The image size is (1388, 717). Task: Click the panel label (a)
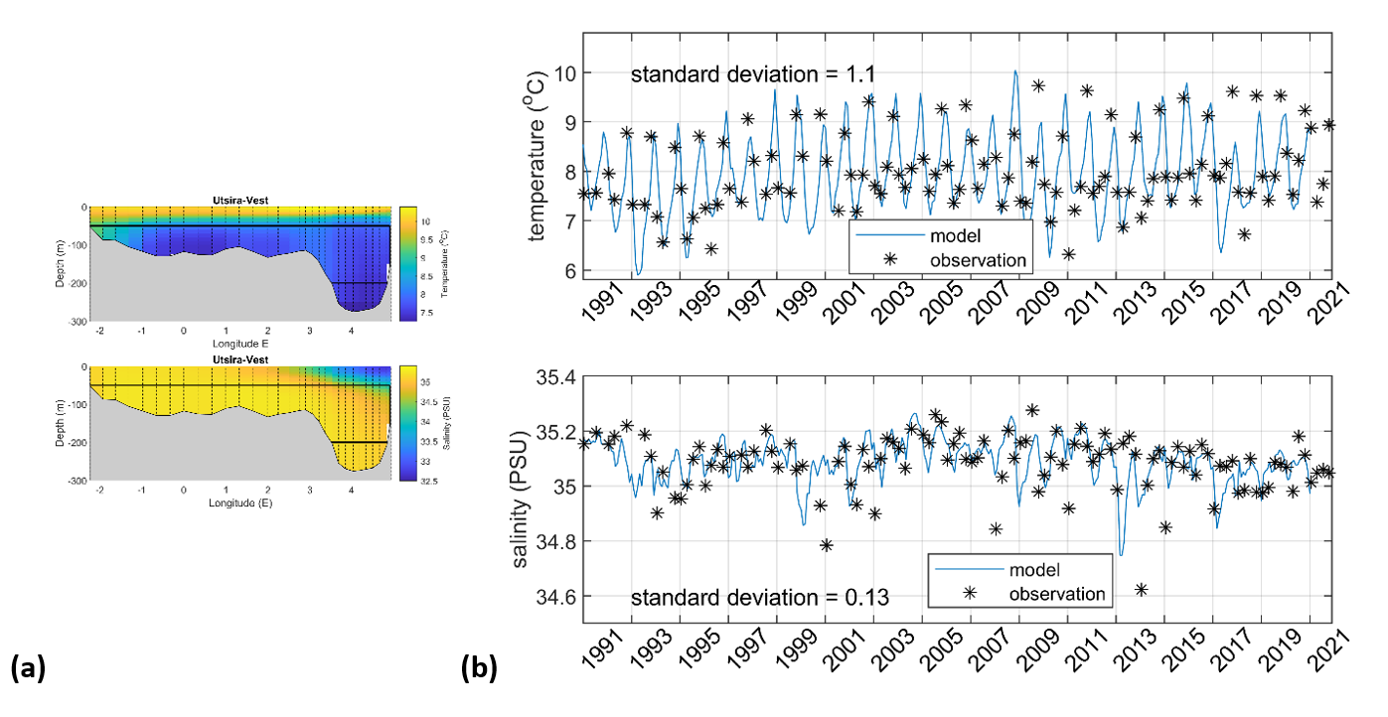tap(27, 668)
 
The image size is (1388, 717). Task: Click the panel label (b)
tap(479, 668)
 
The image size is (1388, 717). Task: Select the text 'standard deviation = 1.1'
tap(753, 73)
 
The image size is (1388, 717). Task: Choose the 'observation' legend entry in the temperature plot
tap(977, 260)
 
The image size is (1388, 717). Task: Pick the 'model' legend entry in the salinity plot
tap(1034, 570)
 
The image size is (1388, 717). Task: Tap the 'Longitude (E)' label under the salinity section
tap(240, 502)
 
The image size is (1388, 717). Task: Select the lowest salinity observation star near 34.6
tap(1142, 589)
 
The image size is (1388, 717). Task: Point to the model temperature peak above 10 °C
tap(1014, 72)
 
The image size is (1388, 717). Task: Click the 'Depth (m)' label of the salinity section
tap(61, 422)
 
